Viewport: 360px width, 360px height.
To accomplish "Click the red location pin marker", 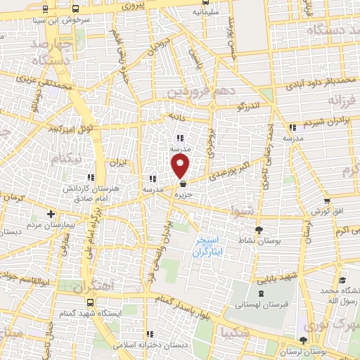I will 181,167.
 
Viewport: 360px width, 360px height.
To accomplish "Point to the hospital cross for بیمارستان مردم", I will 50,214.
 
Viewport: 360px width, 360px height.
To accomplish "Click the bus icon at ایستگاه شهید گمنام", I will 89,302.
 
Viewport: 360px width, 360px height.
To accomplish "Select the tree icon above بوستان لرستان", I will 303,341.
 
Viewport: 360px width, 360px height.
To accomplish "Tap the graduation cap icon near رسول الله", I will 342,281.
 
